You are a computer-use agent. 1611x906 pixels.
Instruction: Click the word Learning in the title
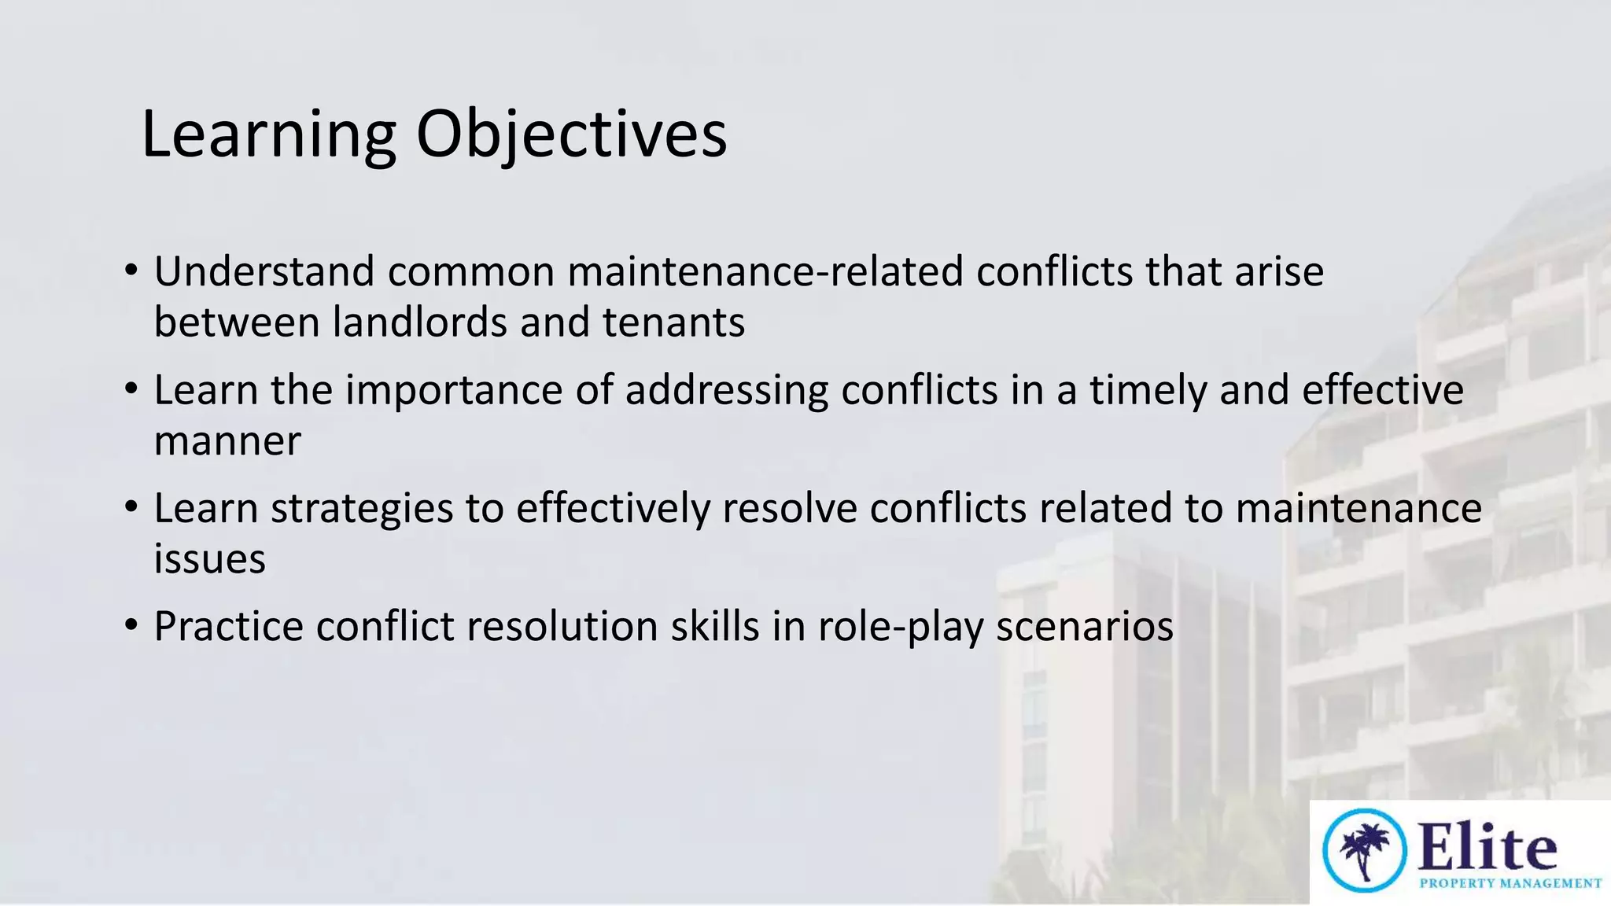[267, 135]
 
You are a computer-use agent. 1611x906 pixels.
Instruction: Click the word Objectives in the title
[571, 135]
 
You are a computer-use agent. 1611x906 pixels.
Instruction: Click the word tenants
[673, 322]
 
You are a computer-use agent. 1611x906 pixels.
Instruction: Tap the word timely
[1147, 390]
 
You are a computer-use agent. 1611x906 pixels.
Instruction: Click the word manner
[227, 440]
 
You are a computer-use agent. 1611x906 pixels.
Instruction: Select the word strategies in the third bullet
[362, 508]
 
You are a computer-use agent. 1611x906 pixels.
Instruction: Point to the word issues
[209, 559]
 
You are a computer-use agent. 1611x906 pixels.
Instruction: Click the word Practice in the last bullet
[228, 627]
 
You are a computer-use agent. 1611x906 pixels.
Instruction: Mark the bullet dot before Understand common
[131, 271]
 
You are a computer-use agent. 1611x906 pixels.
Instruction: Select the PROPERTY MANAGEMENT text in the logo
[1510, 883]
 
